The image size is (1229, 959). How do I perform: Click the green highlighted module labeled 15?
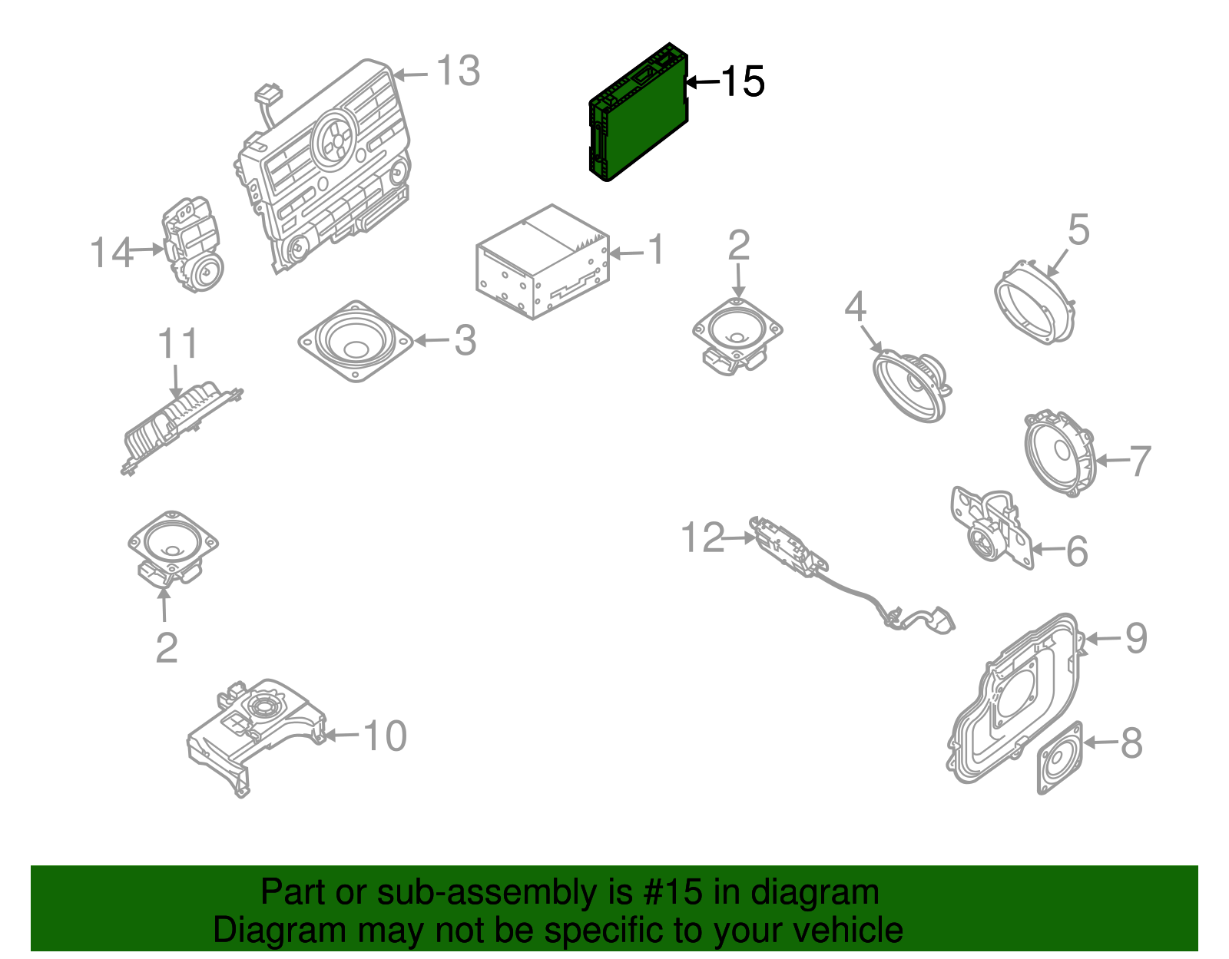pyautogui.click(x=638, y=112)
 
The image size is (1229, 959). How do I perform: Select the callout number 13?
pyautogui.click(x=458, y=71)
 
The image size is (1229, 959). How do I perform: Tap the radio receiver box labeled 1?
pyautogui.click(x=542, y=262)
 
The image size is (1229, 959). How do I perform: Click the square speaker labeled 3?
pyautogui.click(x=356, y=341)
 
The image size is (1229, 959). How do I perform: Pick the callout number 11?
pyautogui.click(x=177, y=343)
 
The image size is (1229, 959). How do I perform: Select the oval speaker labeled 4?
pyautogui.click(x=912, y=385)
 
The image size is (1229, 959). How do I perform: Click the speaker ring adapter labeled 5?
pyautogui.click(x=1035, y=302)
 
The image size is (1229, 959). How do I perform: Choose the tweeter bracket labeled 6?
pyautogui.click(x=991, y=529)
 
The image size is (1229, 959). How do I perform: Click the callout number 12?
pyautogui.click(x=702, y=537)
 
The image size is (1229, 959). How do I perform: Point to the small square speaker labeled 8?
pyautogui.click(x=1060, y=758)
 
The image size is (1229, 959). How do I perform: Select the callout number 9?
pyautogui.click(x=1136, y=638)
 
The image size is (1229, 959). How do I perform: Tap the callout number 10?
pyautogui.click(x=385, y=736)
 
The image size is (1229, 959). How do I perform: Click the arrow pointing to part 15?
pyautogui.click(x=702, y=82)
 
